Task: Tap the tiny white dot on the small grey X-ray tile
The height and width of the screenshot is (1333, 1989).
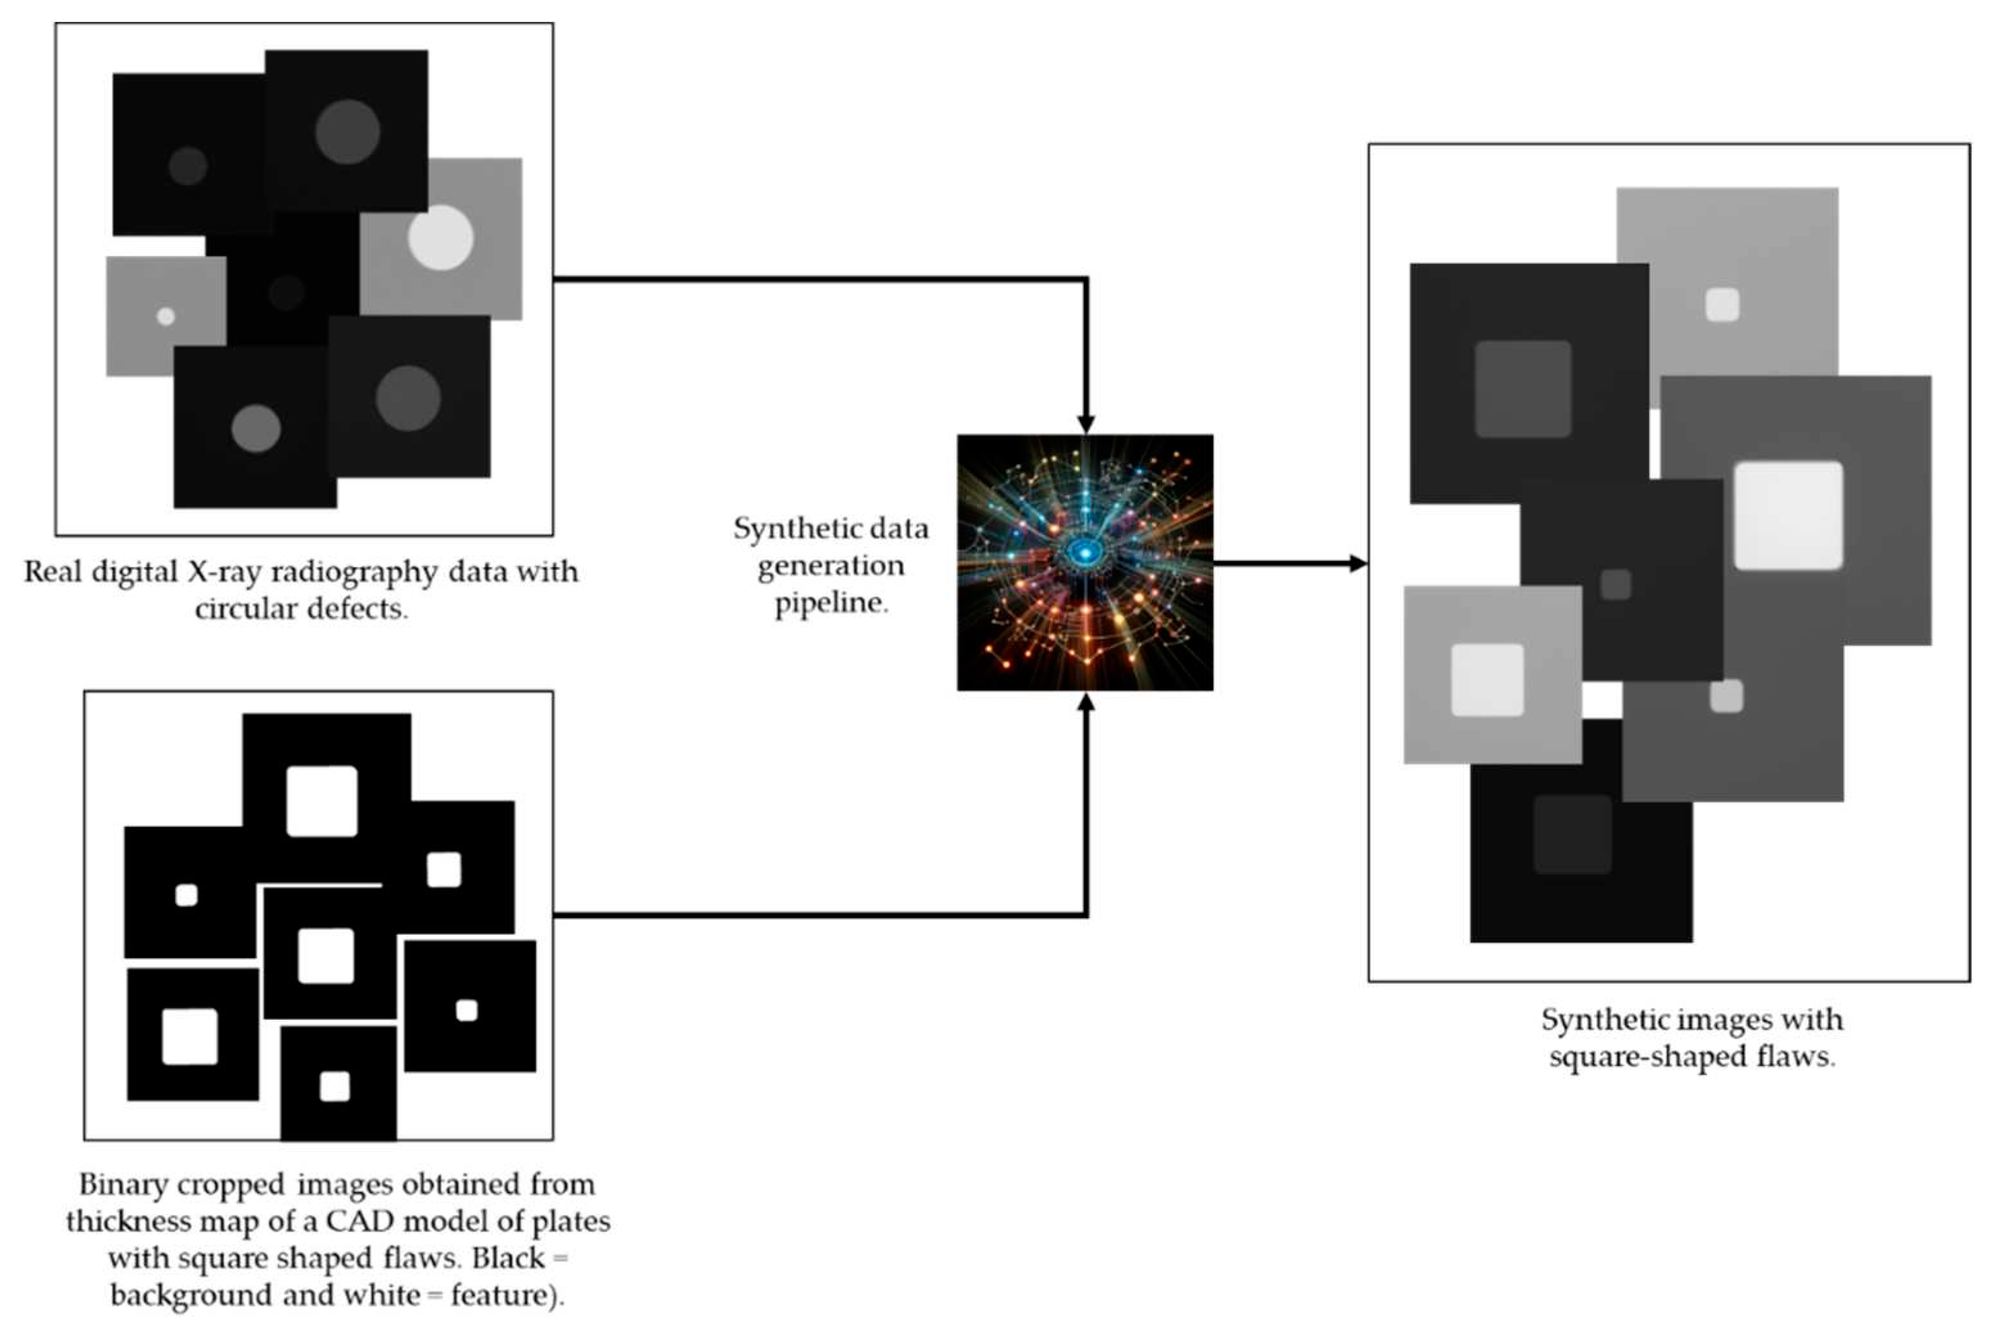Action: (x=166, y=317)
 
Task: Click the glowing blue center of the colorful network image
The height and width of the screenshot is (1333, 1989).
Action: (x=1084, y=553)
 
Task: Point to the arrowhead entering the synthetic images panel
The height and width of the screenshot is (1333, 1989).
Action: (x=1358, y=562)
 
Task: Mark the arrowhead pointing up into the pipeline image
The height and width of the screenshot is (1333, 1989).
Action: (x=1086, y=702)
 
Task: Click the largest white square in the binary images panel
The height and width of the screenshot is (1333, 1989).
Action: (x=321, y=801)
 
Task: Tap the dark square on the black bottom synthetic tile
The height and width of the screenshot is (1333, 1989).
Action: (x=1572, y=834)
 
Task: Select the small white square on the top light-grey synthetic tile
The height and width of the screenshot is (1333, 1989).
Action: (x=1722, y=305)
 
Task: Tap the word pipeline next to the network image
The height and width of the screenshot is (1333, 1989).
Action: (x=831, y=603)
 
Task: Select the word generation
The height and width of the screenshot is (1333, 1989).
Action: (x=831, y=565)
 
